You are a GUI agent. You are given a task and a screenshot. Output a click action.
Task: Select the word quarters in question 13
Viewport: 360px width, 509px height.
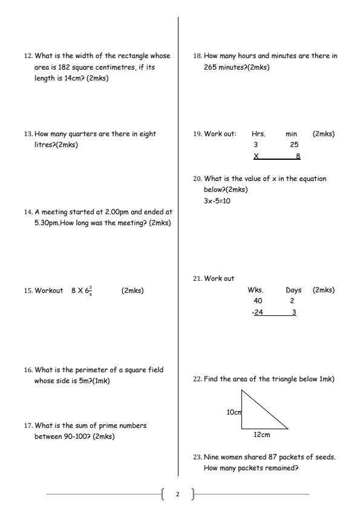(x=80, y=134)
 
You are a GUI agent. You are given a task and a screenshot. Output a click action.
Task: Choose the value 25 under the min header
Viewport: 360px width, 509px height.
(x=294, y=145)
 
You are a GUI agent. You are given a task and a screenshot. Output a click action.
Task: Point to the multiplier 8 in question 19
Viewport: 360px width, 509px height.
(x=298, y=156)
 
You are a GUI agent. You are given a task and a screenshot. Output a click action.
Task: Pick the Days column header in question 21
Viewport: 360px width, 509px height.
(x=293, y=290)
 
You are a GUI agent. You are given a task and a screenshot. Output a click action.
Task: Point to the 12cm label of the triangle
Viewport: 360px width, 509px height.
(x=261, y=435)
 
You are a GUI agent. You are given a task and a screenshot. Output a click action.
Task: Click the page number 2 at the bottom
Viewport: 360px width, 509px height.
(x=178, y=494)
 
